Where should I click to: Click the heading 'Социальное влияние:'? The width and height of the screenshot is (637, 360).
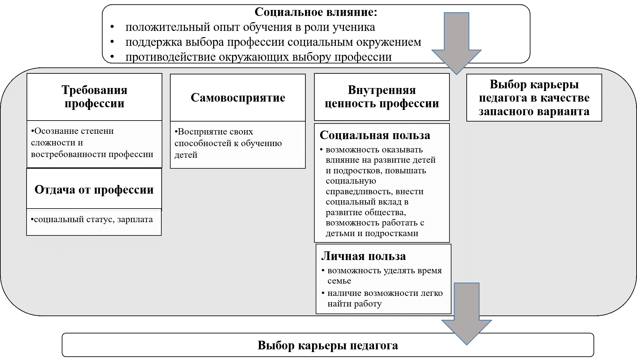pyautogui.click(x=316, y=12)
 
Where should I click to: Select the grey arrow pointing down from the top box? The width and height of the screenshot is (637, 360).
pyautogui.click(x=456, y=43)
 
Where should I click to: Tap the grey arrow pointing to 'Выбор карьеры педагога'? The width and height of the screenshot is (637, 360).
pyautogui.click(x=466, y=315)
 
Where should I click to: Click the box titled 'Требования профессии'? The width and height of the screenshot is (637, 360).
pyautogui.click(x=94, y=97)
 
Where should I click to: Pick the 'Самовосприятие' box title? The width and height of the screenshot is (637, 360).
pyautogui.click(x=238, y=98)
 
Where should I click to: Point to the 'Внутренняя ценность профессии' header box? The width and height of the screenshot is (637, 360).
pyautogui.click(x=382, y=97)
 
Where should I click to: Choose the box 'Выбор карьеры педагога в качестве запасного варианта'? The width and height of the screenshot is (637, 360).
pyautogui.click(x=534, y=98)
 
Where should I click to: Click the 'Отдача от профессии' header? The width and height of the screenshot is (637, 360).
pyautogui.click(x=94, y=190)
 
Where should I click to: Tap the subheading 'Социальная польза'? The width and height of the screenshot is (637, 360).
pyautogui.click(x=375, y=135)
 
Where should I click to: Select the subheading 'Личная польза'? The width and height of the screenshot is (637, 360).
pyautogui.click(x=363, y=256)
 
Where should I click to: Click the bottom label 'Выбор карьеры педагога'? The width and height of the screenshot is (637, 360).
pyautogui.click(x=328, y=345)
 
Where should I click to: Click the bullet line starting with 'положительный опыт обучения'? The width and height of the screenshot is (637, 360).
pyautogui.click(x=250, y=27)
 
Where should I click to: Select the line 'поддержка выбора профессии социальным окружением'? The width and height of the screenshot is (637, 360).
pyautogui.click(x=273, y=42)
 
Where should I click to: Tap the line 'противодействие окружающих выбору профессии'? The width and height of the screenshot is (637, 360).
pyautogui.click(x=258, y=57)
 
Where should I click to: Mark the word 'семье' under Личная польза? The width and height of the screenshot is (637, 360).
pyautogui.click(x=339, y=281)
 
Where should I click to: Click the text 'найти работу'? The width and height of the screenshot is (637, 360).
pyautogui.click(x=355, y=304)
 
